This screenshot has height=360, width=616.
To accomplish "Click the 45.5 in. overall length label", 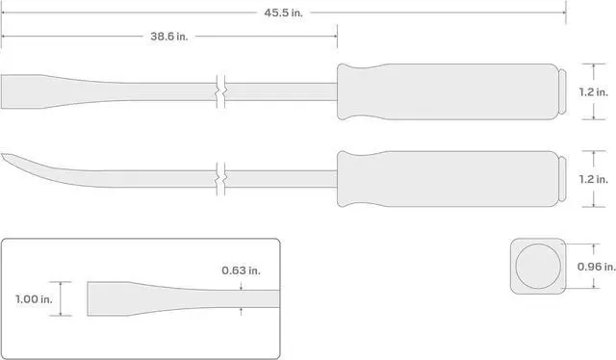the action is (283, 13).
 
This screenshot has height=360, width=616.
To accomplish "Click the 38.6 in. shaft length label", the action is (169, 37).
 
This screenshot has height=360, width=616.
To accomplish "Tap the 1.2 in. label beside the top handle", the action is (593, 92).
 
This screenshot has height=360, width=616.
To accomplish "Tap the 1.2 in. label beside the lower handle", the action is (593, 180).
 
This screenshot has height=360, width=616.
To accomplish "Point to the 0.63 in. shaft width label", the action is (241, 270).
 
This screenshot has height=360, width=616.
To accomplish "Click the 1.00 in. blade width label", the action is (34, 299).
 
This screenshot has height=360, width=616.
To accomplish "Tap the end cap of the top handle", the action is (562, 92).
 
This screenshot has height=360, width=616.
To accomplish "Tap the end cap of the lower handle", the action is (562, 179).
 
